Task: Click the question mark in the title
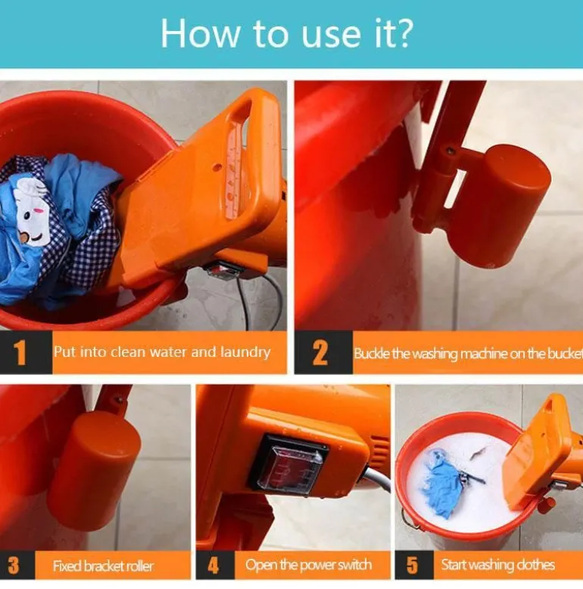coord(404,33)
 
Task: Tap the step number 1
coord(20,352)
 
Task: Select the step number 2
coord(320,352)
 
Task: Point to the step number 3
coord(14,566)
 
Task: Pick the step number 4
coord(214,566)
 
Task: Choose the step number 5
coord(412,566)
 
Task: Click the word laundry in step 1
coord(245,352)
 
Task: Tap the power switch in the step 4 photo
coord(288,465)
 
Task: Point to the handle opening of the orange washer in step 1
coord(237,162)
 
